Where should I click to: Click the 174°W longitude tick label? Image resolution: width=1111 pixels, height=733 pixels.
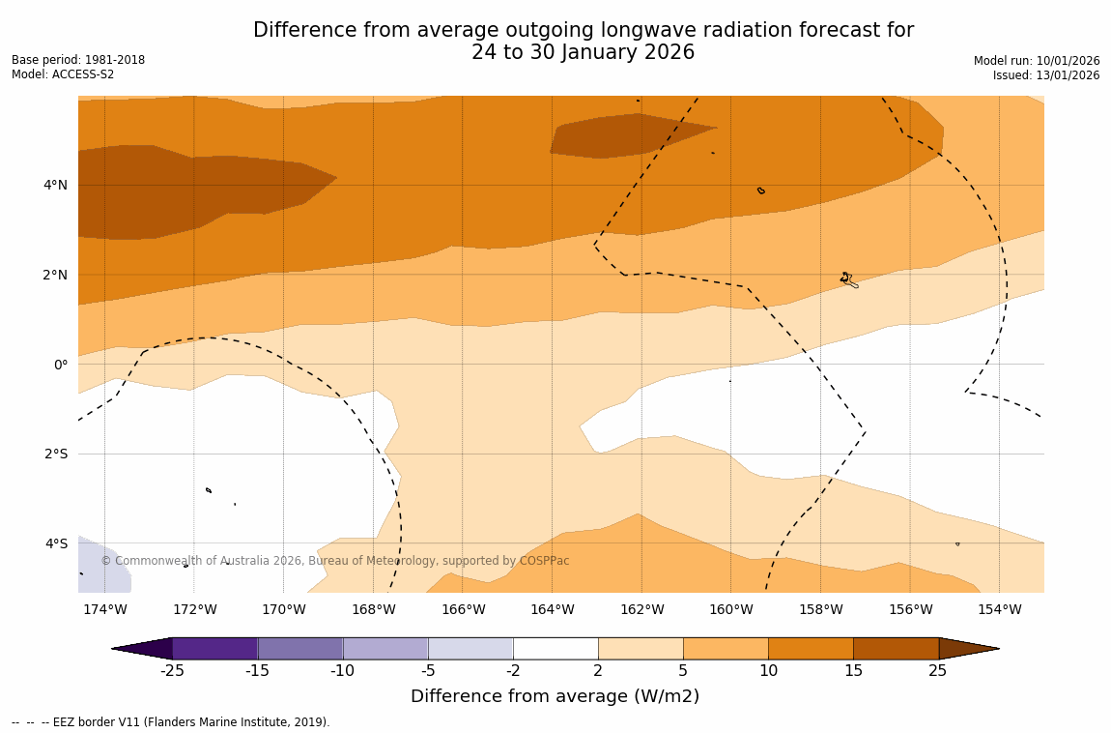[x=104, y=609]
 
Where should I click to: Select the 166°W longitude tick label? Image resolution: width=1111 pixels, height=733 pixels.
[x=463, y=609]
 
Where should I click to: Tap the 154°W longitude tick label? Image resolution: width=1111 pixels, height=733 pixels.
[x=999, y=609]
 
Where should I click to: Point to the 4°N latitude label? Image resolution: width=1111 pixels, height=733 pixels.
[x=56, y=185]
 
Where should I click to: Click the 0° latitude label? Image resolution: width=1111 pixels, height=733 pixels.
[x=61, y=365]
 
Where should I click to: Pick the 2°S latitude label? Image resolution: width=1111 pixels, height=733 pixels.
[x=56, y=454]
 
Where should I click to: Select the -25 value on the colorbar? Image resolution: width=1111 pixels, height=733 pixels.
[x=172, y=671]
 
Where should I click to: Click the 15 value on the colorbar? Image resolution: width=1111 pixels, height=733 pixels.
[x=853, y=671]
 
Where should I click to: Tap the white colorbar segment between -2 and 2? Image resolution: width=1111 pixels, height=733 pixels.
[x=555, y=648]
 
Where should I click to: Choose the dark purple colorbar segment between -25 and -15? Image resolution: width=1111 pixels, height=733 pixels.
[x=214, y=648]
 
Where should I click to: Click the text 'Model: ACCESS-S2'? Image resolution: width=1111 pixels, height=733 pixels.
[x=63, y=74]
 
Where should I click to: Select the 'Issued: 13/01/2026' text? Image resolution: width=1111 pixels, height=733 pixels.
[x=1046, y=75]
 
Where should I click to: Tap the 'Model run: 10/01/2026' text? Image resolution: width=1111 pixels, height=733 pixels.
[x=1037, y=61]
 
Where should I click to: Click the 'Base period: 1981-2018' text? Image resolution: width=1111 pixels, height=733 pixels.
[x=78, y=60]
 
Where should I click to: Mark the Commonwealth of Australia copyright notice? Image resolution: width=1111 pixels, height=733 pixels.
[x=335, y=561]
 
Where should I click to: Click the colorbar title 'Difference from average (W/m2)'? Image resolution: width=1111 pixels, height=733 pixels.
[x=555, y=696]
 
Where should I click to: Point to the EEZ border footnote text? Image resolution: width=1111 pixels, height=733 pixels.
[x=171, y=722]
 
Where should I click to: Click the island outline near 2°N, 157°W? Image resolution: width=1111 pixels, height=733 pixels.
[x=847, y=279]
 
